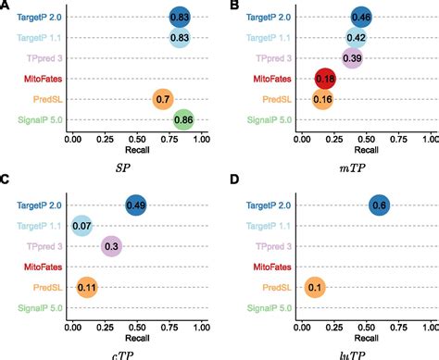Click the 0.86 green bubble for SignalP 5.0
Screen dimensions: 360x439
(184, 119)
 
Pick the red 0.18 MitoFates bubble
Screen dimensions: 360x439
(325, 79)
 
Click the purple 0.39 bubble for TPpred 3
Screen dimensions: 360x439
(353, 58)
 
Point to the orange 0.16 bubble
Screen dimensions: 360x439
(322, 99)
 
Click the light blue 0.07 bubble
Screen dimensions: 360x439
(82, 226)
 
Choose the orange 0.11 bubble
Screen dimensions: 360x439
(87, 287)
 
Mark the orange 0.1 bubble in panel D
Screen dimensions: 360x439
(315, 287)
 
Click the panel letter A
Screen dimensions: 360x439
(6, 6)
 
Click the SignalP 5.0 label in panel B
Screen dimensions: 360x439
(267, 119)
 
